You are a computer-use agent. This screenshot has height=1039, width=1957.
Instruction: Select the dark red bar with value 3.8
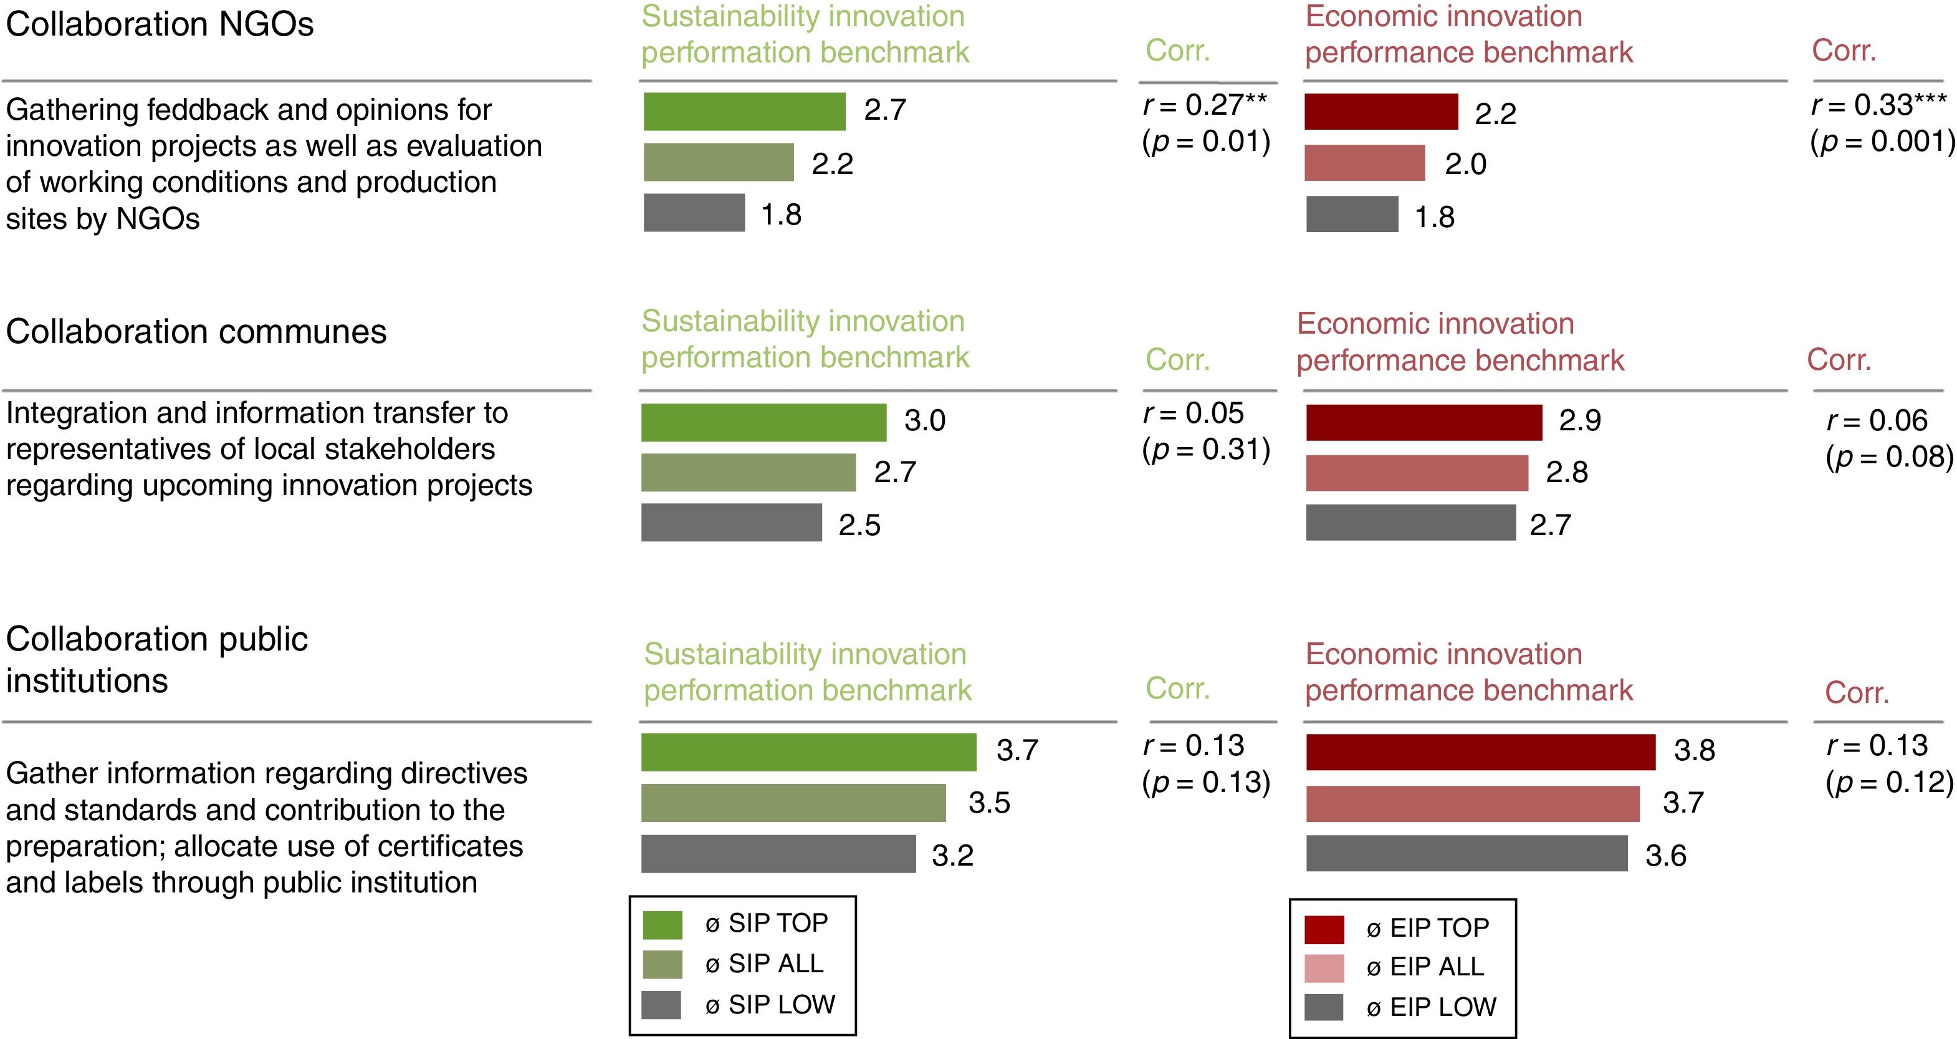(x=1480, y=753)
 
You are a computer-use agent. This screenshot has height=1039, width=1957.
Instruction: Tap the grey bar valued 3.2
(x=778, y=854)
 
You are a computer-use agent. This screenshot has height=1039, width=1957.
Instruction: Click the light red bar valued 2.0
(x=1364, y=163)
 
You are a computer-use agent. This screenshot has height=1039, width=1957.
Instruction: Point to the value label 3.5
(x=989, y=803)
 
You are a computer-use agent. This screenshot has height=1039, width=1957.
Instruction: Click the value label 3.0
(x=924, y=421)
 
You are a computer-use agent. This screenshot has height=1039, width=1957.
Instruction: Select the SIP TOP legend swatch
(x=662, y=924)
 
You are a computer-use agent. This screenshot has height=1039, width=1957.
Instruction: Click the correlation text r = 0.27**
(x=1205, y=105)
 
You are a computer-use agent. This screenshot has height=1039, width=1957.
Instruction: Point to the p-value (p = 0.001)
(x=1882, y=142)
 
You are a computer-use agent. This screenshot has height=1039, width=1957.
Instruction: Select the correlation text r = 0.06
(x=1877, y=421)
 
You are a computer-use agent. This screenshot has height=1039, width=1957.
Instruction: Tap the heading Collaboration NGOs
(x=160, y=24)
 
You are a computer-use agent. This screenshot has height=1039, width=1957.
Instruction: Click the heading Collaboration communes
(x=196, y=332)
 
